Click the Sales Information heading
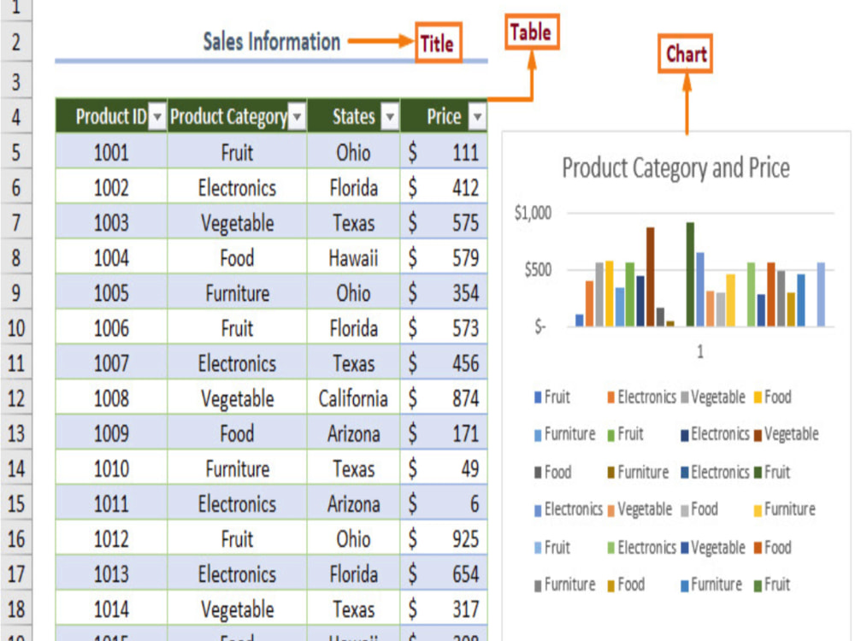(x=272, y=42)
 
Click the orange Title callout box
(x=439, y=43)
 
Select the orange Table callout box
(x=532, y=32)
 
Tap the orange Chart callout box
(x=686, y=53)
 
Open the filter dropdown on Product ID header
(x=157, y=116)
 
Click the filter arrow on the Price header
(x=477, y=116)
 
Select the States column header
(x=353, y=116)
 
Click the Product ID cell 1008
(x=111, y=398)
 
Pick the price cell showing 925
(x=444, y=539)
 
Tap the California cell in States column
(x=353, y=398)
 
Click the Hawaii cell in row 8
(x=353, y=258)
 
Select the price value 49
(x=444, y=468)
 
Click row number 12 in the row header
(x=15, y=398)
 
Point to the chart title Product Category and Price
(x=675, y=168)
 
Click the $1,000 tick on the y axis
(x=533, y=213)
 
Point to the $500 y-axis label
(x=538, y=270)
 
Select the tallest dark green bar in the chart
(x=690, y=274)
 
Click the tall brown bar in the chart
(x=650, y=277)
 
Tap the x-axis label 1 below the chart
(x=700, y=351)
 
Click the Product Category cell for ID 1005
(x=237, y=293)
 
